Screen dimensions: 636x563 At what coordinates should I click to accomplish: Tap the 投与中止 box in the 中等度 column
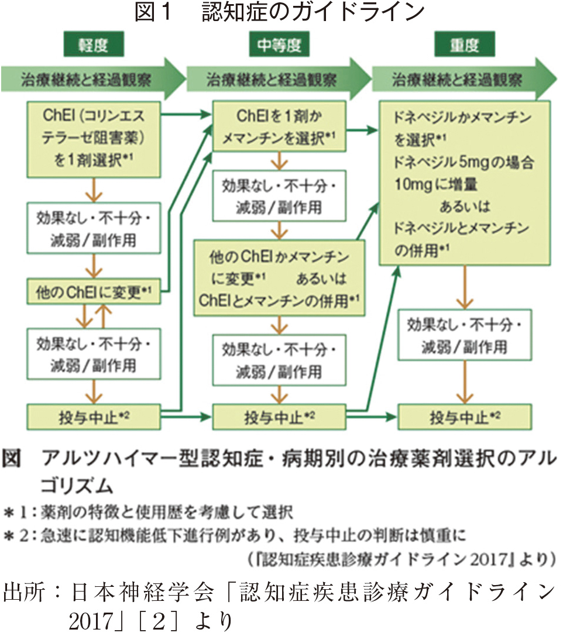click(x=279, y=417)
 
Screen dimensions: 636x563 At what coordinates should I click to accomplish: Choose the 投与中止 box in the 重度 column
click(x=464, y=417)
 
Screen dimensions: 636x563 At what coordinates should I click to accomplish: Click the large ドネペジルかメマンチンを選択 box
click(x=464, y=182)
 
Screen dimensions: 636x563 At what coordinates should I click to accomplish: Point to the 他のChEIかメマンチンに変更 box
click(x=279, y=277)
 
